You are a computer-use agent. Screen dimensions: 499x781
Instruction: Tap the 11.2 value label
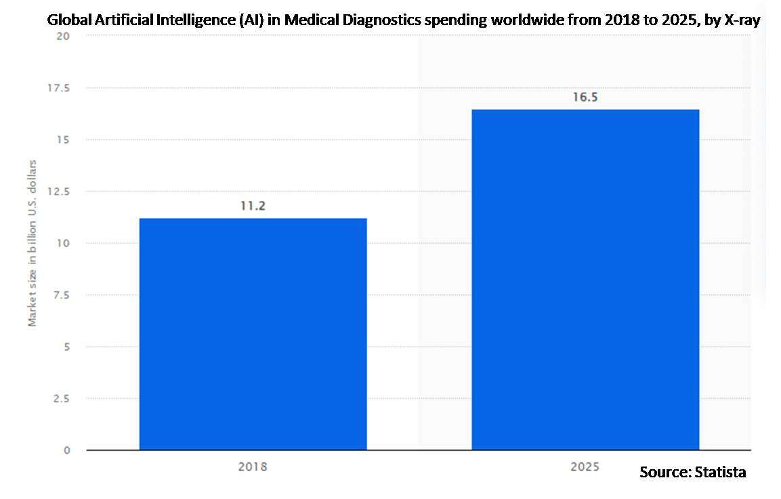pos(252,206)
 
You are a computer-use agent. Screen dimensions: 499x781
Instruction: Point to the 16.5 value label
pos(585,97)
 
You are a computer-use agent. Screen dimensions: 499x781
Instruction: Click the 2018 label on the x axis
pos(252,467)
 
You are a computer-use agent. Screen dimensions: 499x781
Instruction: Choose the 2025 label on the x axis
pos(585,467)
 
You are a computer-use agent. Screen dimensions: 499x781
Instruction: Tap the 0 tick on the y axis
pos(67,450)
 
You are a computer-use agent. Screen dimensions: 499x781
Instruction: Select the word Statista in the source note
pos(720,472)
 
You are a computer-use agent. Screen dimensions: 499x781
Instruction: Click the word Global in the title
pos(66,20)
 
